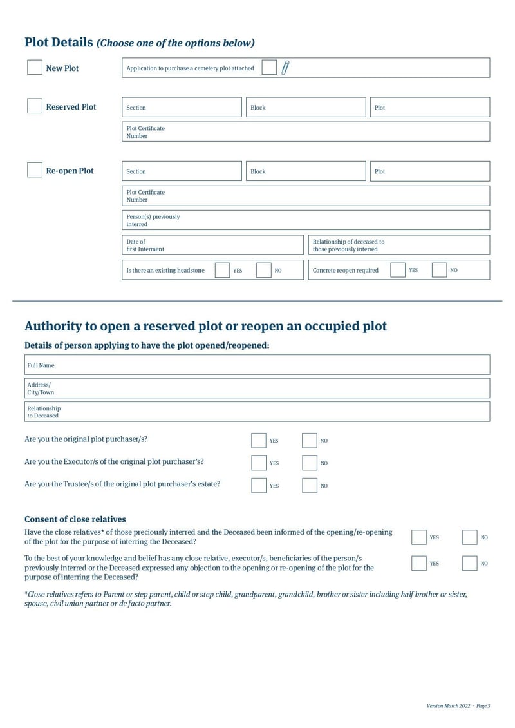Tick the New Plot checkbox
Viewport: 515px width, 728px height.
[x=35, y=68]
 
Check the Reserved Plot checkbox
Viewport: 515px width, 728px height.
[x=35, y=106]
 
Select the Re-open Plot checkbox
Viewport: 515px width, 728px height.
[x=35, y=170]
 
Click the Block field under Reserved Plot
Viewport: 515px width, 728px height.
[x=305, y=107]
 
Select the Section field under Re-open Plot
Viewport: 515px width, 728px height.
[x=182, y=171]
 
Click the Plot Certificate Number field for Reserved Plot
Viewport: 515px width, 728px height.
[x=306, y=131]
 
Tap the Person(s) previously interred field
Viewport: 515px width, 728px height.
[x=306, y=220]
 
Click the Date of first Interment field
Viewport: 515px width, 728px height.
[x=212, y=245]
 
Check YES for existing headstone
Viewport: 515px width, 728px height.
[x=222, y=270]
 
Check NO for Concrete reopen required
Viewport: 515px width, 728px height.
[x=439, y=270]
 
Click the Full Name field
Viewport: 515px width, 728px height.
[x=257, y=365]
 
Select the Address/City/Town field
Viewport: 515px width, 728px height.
[x=257, y=388]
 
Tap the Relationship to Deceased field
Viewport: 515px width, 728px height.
[x=257, y=412]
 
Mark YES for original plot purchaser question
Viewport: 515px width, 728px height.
[x=259, y=441]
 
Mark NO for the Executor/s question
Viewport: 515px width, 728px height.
[x=310, y=463]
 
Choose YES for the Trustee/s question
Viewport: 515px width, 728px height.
[x=259, y=486]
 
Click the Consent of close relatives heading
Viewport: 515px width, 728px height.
[x=75, y=519]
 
